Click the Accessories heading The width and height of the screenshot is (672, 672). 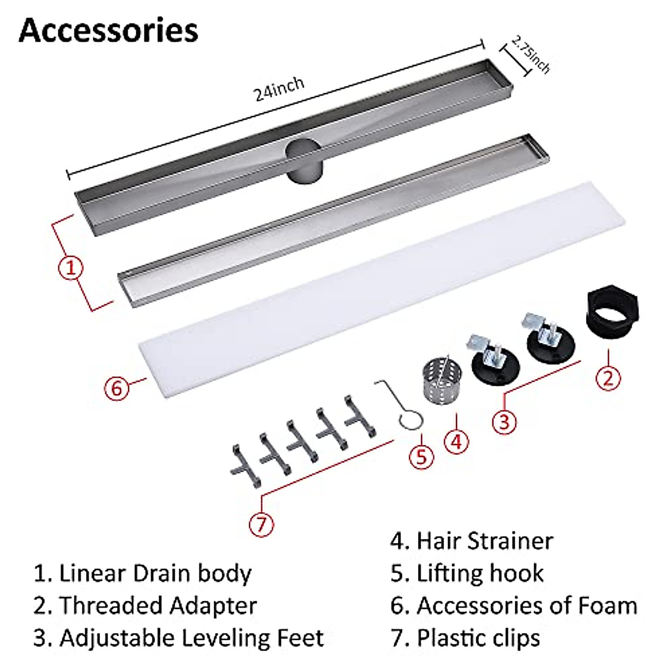[109, 31]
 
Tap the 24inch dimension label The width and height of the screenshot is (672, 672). [279, 88]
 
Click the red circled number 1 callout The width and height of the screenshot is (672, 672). [71, 268]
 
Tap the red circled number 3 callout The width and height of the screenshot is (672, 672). [504, 420]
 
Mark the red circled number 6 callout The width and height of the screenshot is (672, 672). [116, 388]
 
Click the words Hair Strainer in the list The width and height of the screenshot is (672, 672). [484, 541]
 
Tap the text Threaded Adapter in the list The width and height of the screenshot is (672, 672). [158, 606]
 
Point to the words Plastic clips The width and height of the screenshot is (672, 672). [478, 638]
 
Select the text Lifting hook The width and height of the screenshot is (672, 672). [480, 573]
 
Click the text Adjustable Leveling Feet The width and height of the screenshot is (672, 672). [192, 638]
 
